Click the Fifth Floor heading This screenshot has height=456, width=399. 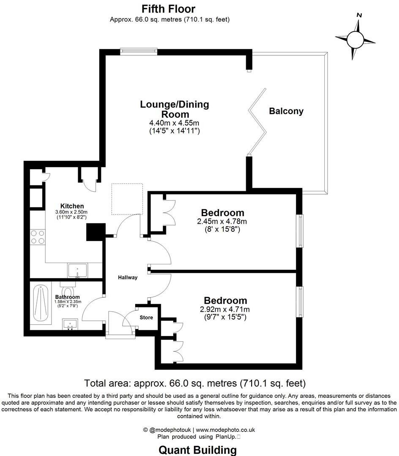[168, 8]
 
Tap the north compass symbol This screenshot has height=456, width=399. [355, 40]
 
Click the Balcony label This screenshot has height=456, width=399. [286, 111]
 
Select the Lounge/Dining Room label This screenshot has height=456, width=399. [174, 109]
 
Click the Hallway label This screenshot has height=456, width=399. [128, 277]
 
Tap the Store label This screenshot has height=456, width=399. [146, 318]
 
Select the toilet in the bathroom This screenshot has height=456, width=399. [68, 290]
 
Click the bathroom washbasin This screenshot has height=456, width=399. [71, 325]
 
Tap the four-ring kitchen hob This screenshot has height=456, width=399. [37, 237]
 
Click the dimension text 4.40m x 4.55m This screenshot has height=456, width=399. [174, 123]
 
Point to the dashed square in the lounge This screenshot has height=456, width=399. [127, 199]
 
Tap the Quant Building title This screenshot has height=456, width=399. [198, 450]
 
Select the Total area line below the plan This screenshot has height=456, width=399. [195, 383]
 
